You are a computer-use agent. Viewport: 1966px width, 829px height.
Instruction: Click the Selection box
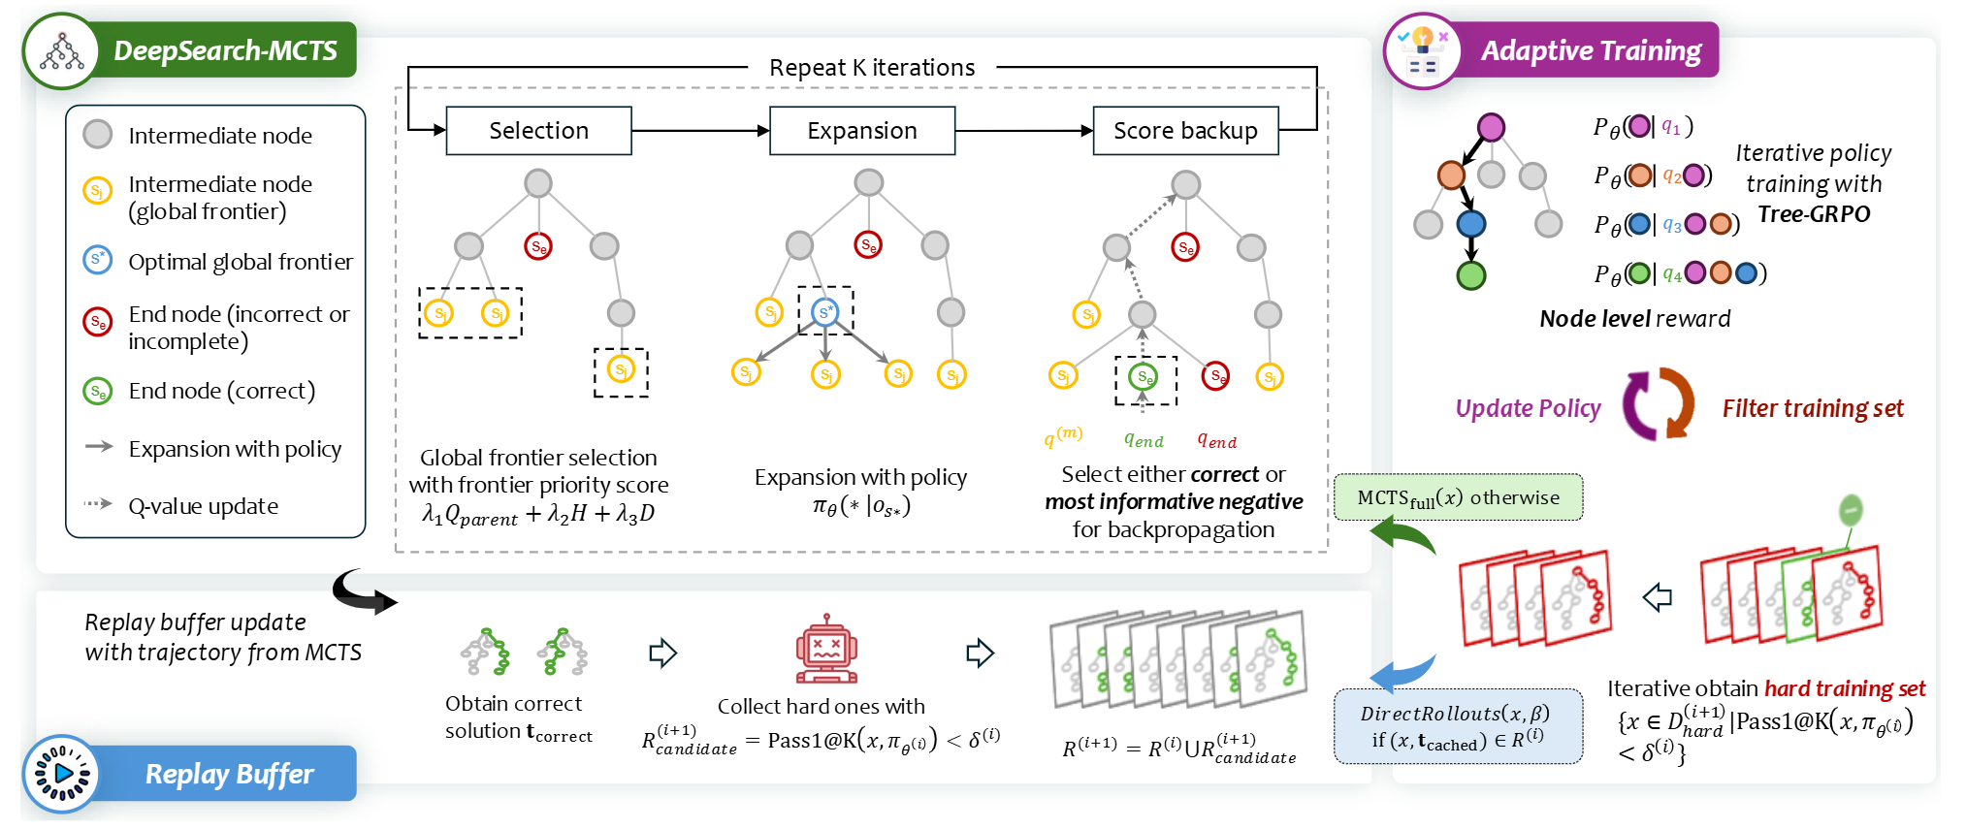point(538,131)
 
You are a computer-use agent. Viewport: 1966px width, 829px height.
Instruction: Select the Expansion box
point(861,131)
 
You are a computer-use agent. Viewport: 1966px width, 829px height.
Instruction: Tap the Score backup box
point(1184,131)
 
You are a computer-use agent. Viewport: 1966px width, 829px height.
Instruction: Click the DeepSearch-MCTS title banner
point(225,50)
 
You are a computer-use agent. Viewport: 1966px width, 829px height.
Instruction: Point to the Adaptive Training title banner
point(1590,50)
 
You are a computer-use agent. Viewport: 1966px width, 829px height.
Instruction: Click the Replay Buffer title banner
point(229,774)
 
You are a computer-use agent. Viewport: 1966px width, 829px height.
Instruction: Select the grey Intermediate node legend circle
point(98,135)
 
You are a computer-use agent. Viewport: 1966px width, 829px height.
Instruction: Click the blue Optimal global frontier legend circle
point(98,260)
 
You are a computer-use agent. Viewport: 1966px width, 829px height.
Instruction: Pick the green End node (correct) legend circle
point(98,391)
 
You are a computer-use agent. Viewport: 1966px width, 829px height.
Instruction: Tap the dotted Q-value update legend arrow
point(98,503)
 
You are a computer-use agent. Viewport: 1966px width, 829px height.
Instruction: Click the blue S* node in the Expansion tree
point(824,312)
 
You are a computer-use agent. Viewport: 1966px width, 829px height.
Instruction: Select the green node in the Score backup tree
point(1144,376)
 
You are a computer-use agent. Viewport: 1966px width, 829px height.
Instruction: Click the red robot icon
point(826,650)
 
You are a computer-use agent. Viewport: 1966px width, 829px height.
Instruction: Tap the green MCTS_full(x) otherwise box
point(1458,497)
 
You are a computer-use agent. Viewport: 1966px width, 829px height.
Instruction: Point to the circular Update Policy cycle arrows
point(1659,404)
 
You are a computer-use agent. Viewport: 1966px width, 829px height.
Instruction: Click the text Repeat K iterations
point(871,68)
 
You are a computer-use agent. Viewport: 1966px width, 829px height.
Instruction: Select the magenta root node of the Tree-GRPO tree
point(1491,127)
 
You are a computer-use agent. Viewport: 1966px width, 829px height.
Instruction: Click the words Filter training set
point(1812,408)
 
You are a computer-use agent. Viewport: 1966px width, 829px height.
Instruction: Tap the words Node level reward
point(1634,319)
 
